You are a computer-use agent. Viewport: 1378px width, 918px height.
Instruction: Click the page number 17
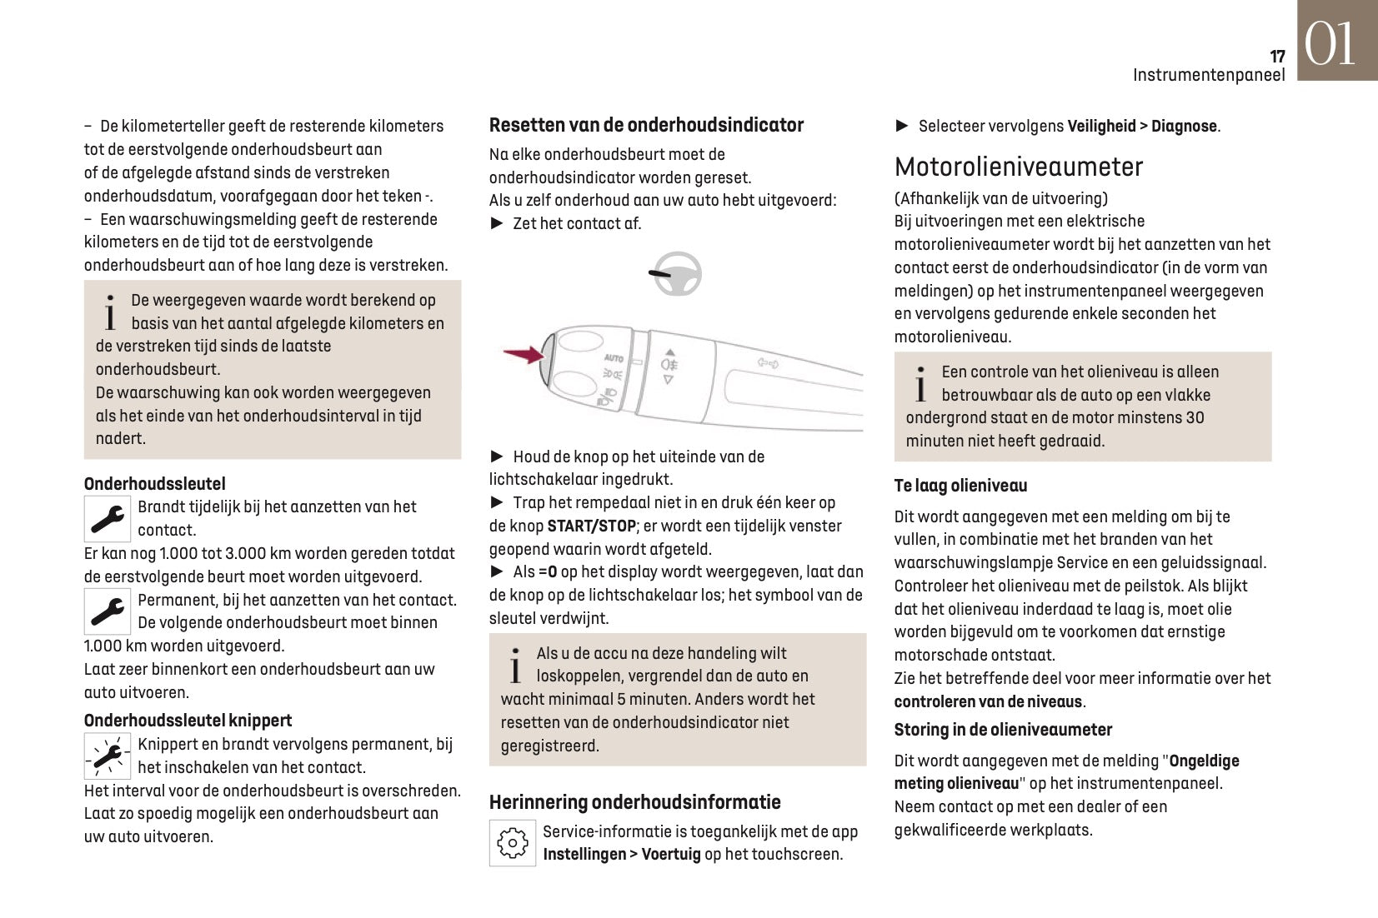tap(1277, 56)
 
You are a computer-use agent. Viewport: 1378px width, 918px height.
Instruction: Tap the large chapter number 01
tap(1330, 44)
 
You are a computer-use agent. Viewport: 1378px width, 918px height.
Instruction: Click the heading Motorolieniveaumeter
tap(1018, 167)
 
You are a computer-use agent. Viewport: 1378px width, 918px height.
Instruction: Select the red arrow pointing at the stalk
tap(523, 355)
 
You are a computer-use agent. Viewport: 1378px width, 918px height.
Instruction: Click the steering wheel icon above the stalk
tap(676, 274)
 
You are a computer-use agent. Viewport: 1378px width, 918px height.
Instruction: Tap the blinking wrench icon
tap(108, 756)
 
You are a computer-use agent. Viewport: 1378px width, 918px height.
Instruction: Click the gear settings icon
tap(512, 843)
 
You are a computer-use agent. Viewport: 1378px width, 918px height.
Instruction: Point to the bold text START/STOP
tap(592, 526)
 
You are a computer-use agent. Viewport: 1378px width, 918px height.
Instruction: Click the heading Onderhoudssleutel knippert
tap(188, 721)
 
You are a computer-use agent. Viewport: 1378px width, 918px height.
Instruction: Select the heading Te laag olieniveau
tap(960, 486)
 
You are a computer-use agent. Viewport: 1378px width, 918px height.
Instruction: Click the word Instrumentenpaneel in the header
tap(1208, 75)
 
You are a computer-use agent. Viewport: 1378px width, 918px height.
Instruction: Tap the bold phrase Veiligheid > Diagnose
tap(1142, 127)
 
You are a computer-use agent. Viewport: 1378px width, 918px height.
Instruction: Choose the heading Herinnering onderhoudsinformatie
tap(634, 802)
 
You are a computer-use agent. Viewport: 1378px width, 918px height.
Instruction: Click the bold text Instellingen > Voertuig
tap(621, 855)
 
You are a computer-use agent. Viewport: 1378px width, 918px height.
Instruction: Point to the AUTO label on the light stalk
tap(614, 358)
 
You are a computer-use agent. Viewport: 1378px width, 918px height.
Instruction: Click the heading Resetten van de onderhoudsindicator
tap(646, 125)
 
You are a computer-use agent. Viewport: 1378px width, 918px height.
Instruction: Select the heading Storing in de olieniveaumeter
tap(1003, 730)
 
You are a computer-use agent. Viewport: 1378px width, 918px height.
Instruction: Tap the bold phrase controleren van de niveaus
tap(988, 701)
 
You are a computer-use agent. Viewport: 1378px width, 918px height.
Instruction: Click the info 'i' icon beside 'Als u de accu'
tap(516, 665)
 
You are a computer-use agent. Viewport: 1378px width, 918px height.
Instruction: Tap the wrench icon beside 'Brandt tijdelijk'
tap(108, 519)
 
